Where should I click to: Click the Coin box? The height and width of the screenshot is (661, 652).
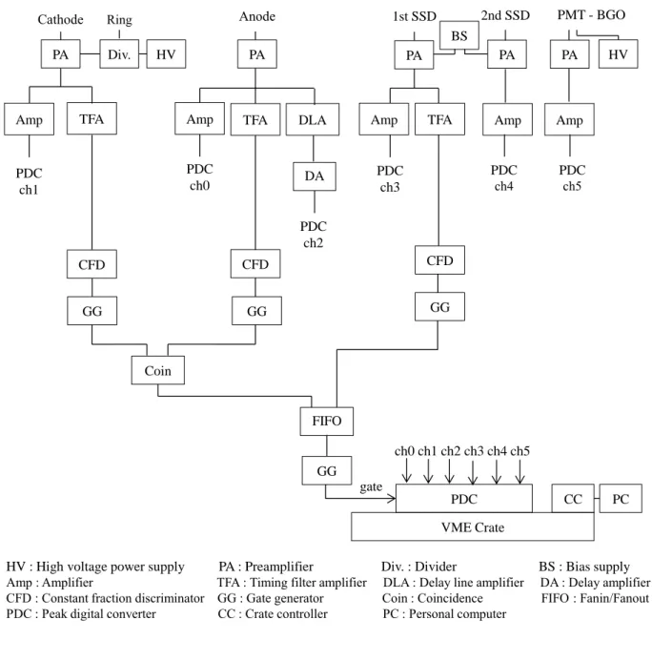coord(158,370)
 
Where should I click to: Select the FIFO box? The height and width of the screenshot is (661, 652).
coord(326,422)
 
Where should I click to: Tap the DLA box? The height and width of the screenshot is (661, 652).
coord(313,120)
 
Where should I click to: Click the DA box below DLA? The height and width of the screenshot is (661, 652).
coord(315,176)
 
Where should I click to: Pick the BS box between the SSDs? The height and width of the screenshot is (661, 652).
coord(459,35)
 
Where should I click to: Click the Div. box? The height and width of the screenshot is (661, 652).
coord(119,54)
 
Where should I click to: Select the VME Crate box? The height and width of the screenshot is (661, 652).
coord(473,527)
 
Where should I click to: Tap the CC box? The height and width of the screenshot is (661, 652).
coord(573,498)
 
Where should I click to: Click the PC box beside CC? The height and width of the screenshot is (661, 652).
coord(621,498)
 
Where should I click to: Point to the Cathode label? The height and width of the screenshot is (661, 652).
coord(60,19)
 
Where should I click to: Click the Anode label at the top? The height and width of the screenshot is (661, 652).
coord(257,16)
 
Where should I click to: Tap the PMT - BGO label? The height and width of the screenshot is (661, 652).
coord(591,14)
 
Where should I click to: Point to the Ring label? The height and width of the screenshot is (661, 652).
coord(119,20)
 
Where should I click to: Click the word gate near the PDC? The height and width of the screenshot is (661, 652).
coord(371,486)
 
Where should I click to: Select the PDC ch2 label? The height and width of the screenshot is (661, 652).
coord(314,235)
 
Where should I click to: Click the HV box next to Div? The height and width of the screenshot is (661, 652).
coord(166,54)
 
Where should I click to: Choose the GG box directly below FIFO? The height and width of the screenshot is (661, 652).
coord(326,470)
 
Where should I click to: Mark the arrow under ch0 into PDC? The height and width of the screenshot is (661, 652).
coord(406,470)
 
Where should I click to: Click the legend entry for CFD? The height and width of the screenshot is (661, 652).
coord(105,598)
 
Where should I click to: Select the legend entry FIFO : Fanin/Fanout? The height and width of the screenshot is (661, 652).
coord(595,598)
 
